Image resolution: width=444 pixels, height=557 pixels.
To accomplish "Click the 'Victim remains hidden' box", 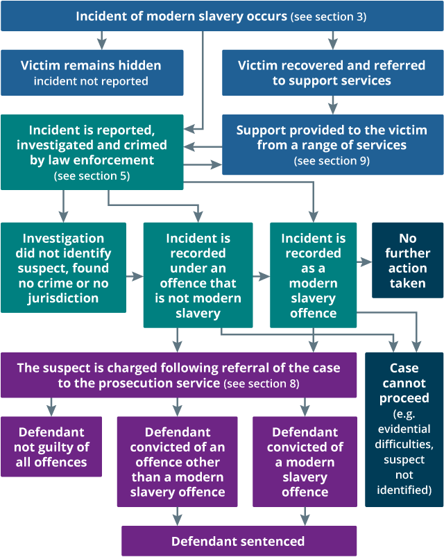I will (x=92, y=72).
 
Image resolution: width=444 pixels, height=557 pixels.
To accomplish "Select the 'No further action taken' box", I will (x=408, y=260).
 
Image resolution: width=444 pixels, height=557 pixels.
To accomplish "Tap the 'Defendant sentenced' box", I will (x=238, y=541).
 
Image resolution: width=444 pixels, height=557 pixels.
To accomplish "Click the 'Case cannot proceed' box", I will (x=404, y=429).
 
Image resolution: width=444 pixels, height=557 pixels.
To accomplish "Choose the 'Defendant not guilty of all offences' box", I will (x=51, y=446).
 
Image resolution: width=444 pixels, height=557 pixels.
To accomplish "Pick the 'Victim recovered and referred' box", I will (x=332, y=72).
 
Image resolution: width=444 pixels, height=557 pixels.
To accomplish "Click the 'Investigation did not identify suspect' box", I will (x=63, y=268).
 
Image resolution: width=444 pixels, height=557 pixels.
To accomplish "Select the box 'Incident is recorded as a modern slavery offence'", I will (x=312, y=275).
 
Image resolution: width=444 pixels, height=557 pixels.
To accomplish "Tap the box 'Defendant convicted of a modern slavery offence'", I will (x=305, y=461).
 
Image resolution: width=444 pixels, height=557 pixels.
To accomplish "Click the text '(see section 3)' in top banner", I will (x=329, y=16).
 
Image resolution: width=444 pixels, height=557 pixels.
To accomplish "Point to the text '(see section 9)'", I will (x=332, y=161).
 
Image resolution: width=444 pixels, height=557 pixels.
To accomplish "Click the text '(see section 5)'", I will (x=92, y=176).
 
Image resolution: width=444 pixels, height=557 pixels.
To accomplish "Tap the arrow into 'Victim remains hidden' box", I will (x=102, y=41).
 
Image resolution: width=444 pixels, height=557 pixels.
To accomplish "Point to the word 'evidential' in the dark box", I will (x=404, y=445).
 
